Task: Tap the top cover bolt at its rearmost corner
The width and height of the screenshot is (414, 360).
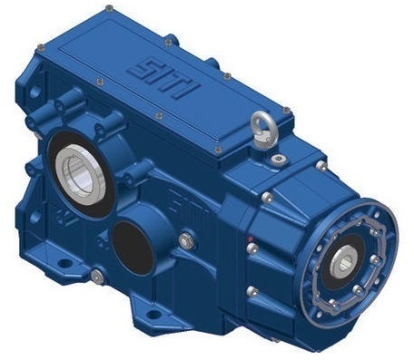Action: click(109, 8)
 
